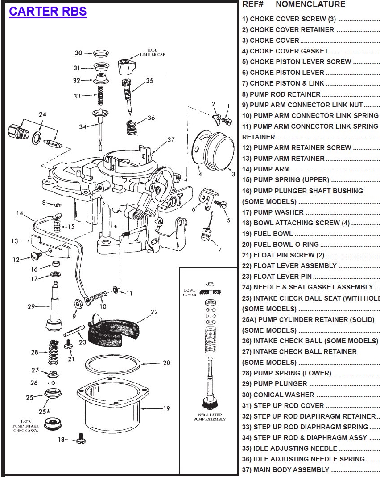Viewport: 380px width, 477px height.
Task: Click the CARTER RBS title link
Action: pos(48,12)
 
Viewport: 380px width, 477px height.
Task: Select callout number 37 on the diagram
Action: pos(171,139)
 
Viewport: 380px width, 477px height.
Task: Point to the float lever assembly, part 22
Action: pos(114,330)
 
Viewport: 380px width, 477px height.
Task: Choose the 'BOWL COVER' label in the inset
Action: pos(190,292)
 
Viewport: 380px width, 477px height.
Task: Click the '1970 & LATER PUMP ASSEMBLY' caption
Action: pos(208,417)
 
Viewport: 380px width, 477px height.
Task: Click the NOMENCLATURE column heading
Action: pos(310,4)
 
